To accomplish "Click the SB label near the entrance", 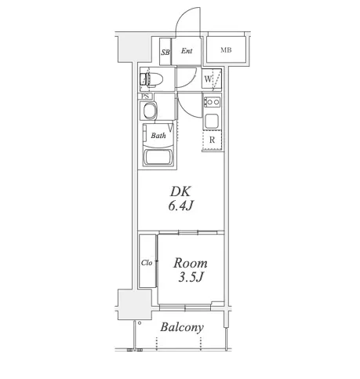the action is point(165,53).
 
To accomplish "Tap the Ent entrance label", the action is point(187,51).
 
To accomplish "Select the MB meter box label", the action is point(226,50).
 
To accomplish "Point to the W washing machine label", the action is point(208,78).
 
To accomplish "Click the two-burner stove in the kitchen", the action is point(212,102).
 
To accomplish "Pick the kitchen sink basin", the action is point(212,121).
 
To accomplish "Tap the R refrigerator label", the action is point(212,140).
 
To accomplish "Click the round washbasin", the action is point(150,111).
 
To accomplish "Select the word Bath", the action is point(158,136).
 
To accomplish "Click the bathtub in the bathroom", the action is point(158,157).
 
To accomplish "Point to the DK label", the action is point(180,191).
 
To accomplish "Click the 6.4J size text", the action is point(180,206).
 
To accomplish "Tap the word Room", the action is point(191,263).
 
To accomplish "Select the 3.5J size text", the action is point(191,277).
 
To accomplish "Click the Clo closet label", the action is point(147,263).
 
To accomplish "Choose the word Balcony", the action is point(182,327).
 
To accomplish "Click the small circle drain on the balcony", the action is point(140,323).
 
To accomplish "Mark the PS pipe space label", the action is point(147,96).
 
